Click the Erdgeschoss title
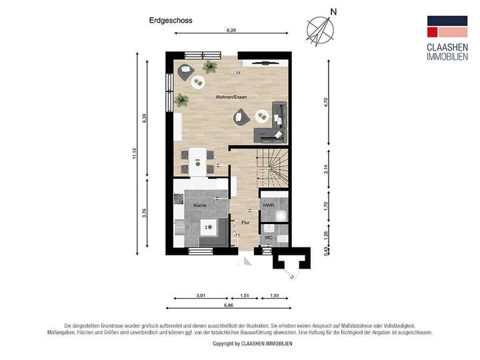coord(171,21)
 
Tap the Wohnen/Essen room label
coord(231,97)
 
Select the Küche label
coord(200,205)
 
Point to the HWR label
coord(269,205)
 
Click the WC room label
coord(268,237)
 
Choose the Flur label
coord(245,223)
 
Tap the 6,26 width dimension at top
coord(231,31)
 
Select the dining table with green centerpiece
coord(198,161)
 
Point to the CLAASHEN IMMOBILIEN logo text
coord(446,51)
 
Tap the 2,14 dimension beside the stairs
coord(326,169)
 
